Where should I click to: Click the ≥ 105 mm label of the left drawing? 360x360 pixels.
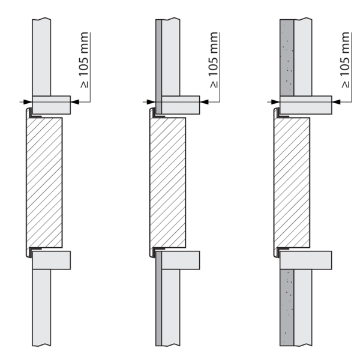[x=84, y=60]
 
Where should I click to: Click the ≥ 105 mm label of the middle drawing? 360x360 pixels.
[x=214, y=60]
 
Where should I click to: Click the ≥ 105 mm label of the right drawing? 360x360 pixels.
[x=346, y=60]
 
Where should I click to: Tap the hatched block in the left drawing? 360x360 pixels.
[x=44, y=183]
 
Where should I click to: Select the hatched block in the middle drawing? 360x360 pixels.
[x=168, y=183]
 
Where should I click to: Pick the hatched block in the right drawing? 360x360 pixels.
[x=292, y=183]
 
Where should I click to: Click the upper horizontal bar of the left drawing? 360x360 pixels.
[x=52, y=105]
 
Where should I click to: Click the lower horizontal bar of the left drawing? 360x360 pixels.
[x=52, y=260]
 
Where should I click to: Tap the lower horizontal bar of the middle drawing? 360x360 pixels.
[x=181, y=260]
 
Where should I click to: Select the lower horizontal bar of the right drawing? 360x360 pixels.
[x=306, y=260]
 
